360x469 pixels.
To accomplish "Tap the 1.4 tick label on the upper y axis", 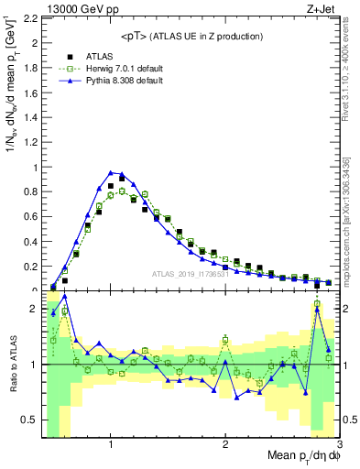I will click(x=31, y=117).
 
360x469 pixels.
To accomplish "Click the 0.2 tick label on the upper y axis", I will click(x=31, y=267).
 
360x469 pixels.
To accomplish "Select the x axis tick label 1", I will click(x=111, y=444).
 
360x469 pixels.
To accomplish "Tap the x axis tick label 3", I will click(x=339, y=444).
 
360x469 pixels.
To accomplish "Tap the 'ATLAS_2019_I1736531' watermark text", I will click(x=190, y=274).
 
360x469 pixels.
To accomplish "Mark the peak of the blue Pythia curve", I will click(x=111, y=171).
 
